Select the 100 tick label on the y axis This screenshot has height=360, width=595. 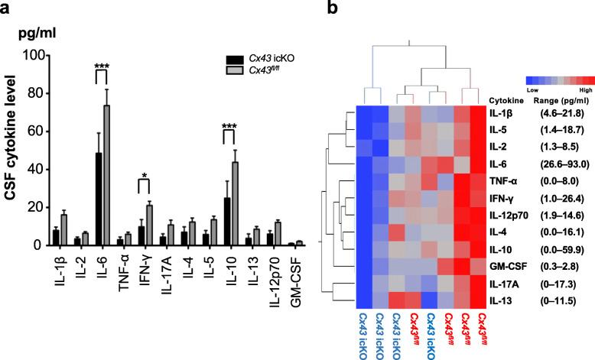[x=30, y=55]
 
